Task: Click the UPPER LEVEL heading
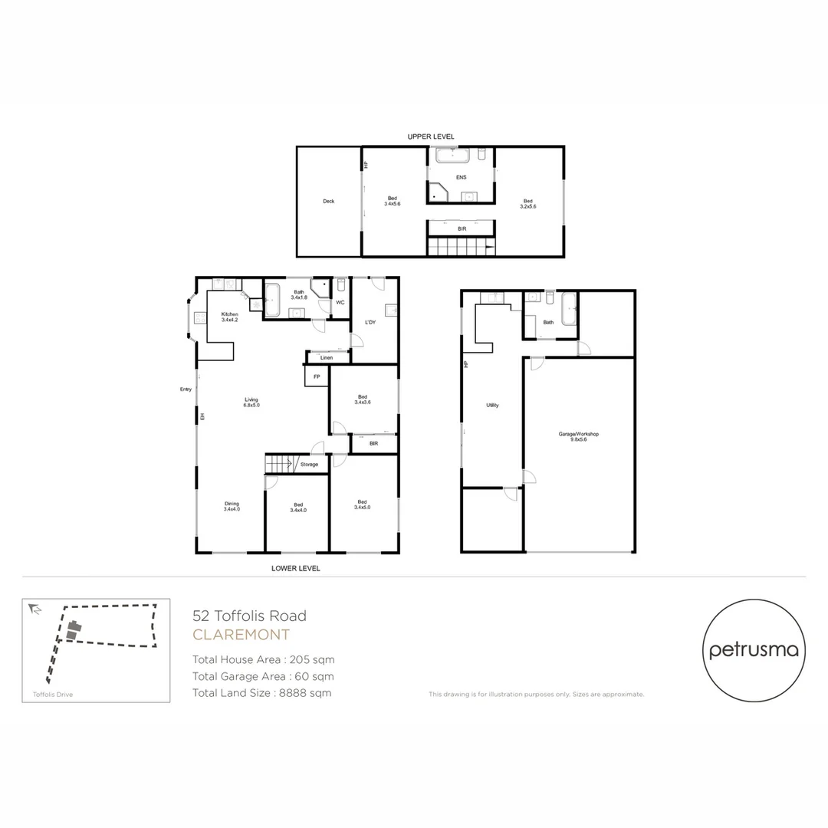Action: [431, 136]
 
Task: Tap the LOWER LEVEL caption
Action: [295, 569]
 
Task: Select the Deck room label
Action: [328, 202]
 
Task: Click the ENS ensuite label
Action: [461, 177]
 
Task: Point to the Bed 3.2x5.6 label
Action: [527, 203]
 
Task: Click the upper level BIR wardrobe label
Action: [462, 228]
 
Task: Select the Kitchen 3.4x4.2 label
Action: [229, 317]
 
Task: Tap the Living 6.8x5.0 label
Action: [251, 402]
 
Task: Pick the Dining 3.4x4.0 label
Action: [232, 506]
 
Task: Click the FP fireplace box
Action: [317, 376]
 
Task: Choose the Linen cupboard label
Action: [327, 357]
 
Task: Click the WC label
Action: [340, 302]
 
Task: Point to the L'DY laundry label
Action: [370, 322]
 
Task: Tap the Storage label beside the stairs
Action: [309, 464]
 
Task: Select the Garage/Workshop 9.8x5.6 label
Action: [578, 436]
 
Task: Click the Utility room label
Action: [492, 405]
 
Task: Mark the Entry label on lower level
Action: [186, 389]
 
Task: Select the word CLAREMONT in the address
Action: [241, 635]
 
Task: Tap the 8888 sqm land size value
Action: [298, 693]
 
